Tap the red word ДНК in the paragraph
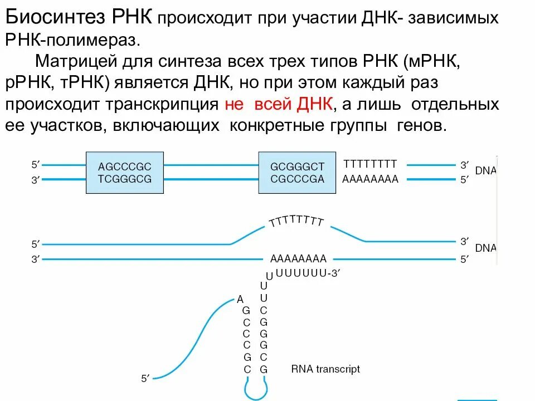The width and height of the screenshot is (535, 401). pos(315,104)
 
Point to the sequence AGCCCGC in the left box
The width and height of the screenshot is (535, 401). pos(125,167)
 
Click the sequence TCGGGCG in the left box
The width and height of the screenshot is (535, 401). pos(125,179)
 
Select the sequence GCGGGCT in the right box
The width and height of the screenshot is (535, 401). pos(297,167)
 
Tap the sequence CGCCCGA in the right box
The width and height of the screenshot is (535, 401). pos(297,179)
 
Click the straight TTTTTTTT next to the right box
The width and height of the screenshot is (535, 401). pos(370,164)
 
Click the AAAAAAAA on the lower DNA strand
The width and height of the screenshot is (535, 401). pos(298,259)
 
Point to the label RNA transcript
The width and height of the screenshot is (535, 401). pos(325,369)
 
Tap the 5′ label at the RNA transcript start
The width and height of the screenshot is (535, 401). pos(144,379)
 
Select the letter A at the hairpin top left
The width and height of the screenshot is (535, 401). pos(240,299)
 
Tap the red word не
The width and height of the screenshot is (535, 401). pos(234,104)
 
